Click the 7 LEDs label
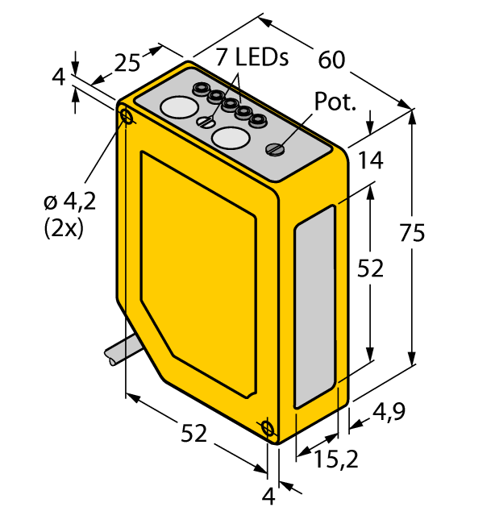(x=251, y=56)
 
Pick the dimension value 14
(x=372, y=160)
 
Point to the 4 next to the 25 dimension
(x=58, y=78)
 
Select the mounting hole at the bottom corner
(x=268, y=428)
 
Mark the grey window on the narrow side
(x=314, y=306)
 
